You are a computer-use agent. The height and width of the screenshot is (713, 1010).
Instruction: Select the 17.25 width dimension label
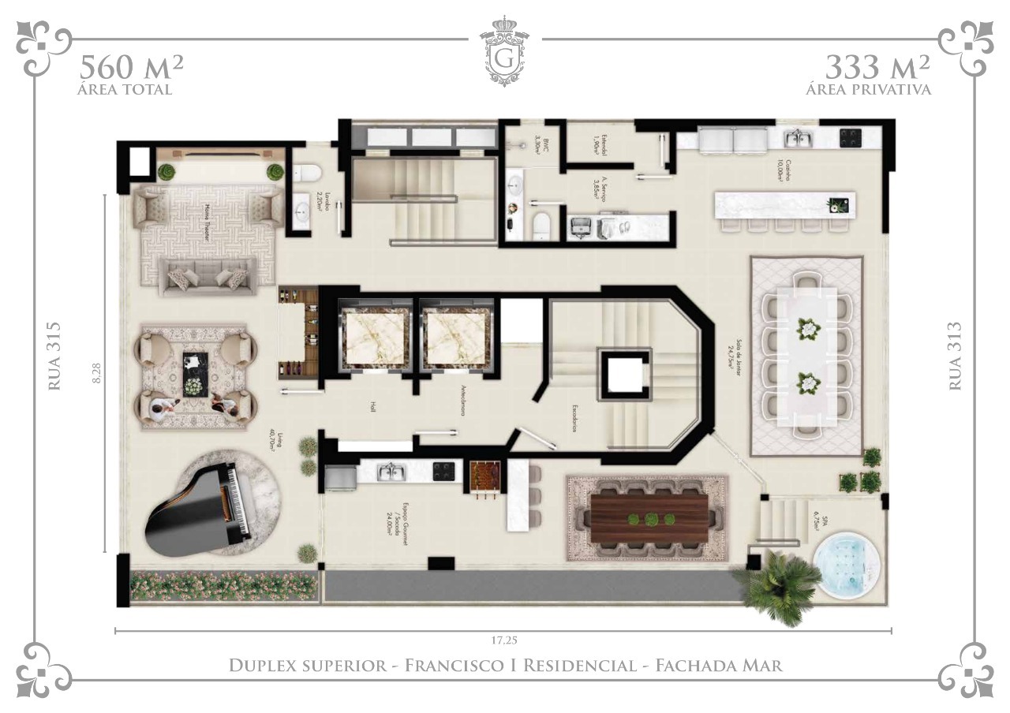[503, 640]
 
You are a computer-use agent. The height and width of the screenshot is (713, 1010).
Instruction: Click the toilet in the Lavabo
[305, 173]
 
